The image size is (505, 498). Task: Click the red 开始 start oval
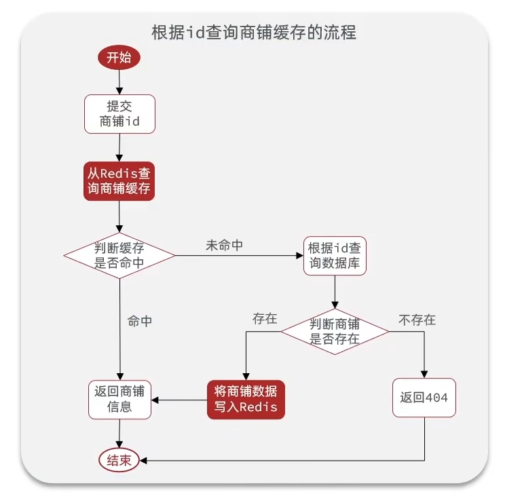[x=119, y=57]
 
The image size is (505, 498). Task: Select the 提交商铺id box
[x=119, y=114]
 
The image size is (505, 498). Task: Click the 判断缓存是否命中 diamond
[x=119, y=255]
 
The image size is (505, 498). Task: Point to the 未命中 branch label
[x=224, y=246]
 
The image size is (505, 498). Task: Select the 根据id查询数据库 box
[x=334, y=256]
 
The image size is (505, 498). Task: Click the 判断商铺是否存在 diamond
[x=335, y=331]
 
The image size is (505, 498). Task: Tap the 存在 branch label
[x=265, y=318]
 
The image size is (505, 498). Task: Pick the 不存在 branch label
[x=417, y=320]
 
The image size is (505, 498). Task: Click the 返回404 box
[x=425, y=398]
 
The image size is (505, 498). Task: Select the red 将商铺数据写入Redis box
[x=246, y=398]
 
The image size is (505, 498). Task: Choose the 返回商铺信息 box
[x=120, y=399]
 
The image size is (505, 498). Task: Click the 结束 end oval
[x=119, y=460]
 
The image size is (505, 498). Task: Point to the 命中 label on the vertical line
[x=140, y=322]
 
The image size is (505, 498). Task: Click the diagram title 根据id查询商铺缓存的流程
[x=252, y=32]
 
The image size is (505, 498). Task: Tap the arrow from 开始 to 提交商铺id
[x=119, y=81]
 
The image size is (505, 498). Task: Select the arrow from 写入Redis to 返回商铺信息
[x=179, y=399]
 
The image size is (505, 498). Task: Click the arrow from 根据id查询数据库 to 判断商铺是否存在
[x=335, y=292]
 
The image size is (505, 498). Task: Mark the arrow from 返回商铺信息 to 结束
[x=120, y=433]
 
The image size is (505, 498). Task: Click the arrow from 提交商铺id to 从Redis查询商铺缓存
[x=119, y=147]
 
